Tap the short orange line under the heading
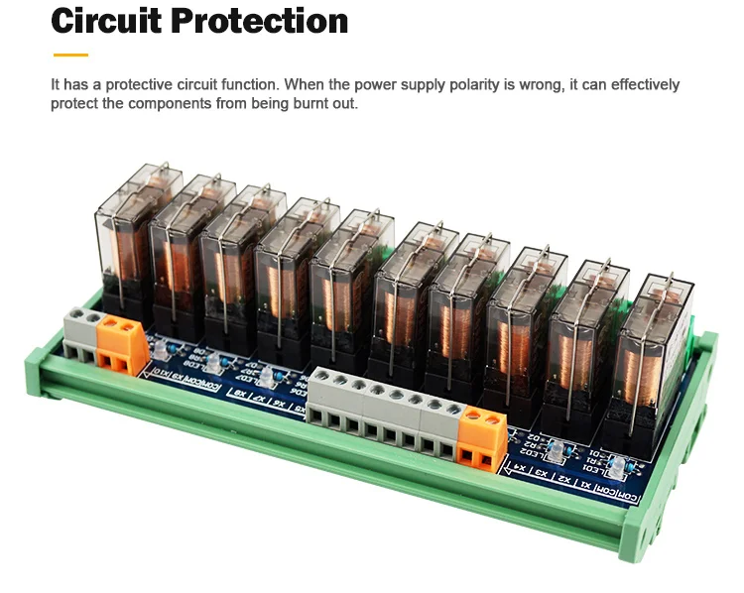click(70, 55)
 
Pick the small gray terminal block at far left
click(81, 332)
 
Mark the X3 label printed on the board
click(541, 473)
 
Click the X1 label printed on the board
click(592, 486)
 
